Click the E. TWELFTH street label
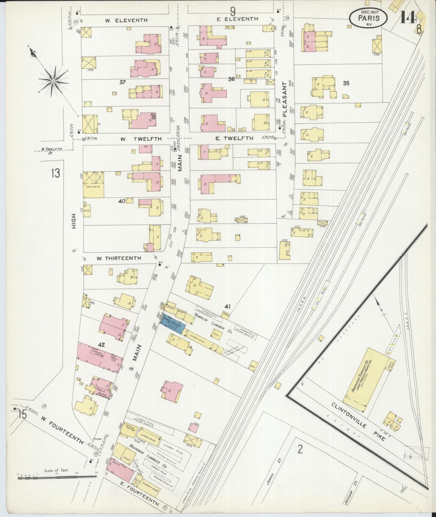coord(234,138)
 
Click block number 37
coord(122,82)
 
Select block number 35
coord(346,83)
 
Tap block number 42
coord(101,345)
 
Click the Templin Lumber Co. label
coord(214,323)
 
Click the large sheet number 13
coord(55,173)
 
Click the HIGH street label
coord(74,221)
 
